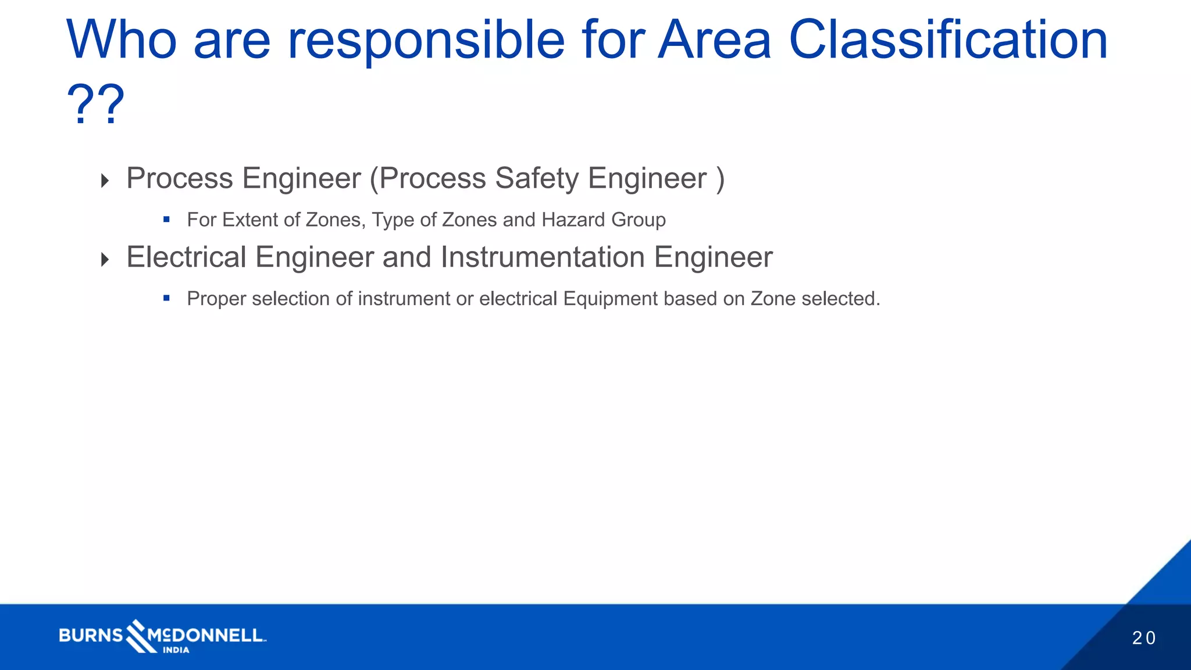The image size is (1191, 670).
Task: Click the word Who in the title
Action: coord(121,41)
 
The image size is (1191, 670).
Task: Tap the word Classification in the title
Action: coord(948,41)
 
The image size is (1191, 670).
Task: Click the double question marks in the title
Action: coord(96,105)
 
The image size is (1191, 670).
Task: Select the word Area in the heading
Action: coord(714,41)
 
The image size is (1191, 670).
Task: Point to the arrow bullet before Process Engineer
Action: coord(105,180)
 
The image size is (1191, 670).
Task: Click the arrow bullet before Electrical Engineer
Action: coord(105,259)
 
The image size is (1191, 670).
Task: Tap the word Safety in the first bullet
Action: coord(536,178)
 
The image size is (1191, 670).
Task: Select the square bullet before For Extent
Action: coord(166,220)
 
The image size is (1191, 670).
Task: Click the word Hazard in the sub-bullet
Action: coord(573,220)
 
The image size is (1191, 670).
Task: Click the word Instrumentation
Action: coord(543,257)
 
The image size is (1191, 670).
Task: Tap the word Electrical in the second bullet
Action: coord(186,257)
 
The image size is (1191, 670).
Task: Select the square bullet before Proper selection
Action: coord(166,299)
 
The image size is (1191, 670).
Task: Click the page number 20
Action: coord(1143,638)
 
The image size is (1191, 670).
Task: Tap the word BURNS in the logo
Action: coord(91,635)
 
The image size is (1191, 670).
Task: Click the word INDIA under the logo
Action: coord(176,650)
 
